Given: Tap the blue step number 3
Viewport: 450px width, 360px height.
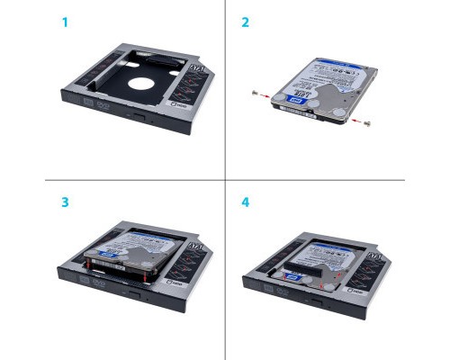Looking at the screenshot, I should pos(64,202).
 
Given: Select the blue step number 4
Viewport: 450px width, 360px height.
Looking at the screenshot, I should pos(245,202).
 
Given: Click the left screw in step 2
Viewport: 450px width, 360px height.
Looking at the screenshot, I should pos(257,93).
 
